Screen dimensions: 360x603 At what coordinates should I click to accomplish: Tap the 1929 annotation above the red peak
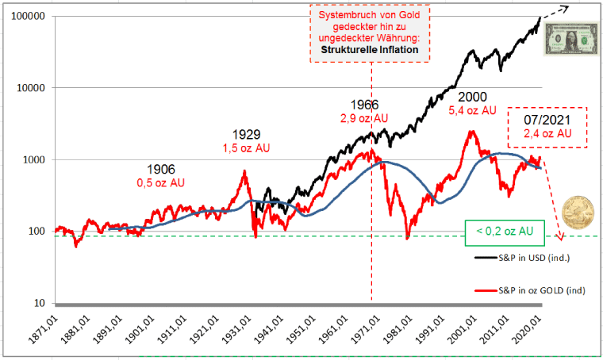click(246, 134)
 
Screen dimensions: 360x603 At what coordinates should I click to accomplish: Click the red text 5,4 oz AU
click(473, 110)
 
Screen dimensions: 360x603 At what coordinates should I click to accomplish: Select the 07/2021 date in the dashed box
click(548, 120)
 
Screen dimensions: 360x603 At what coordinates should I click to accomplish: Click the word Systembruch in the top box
click(344, 16)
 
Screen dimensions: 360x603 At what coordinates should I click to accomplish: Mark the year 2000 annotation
click(472, 95)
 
